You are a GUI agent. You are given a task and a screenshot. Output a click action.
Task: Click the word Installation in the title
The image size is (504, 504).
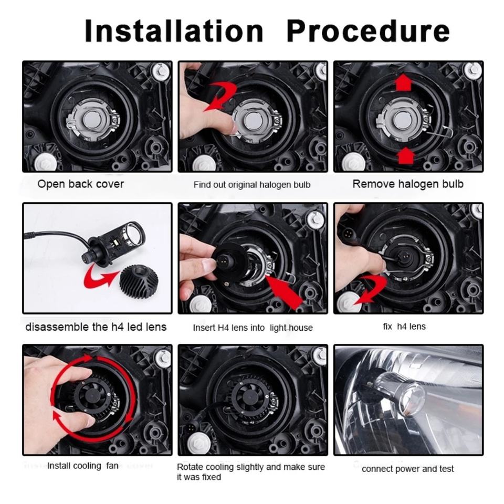click(174, 31)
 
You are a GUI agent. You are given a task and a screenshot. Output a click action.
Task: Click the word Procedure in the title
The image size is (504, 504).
click(368, 31)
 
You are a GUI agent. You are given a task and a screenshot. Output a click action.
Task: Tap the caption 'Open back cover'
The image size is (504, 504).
click(81, 184)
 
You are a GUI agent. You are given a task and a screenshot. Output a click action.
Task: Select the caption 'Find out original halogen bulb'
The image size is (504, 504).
click(252, 185)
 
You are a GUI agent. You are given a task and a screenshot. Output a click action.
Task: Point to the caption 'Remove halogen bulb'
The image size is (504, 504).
click(408, 184)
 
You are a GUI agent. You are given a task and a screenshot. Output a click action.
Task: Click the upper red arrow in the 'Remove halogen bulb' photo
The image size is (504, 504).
click(403, 82)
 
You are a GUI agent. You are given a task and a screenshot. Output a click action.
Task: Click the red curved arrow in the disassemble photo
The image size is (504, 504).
click(97, 279)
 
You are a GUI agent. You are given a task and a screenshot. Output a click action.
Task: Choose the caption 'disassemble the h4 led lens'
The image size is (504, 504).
click(96, 327)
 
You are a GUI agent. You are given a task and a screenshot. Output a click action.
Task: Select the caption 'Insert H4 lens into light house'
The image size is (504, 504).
click(253, 328)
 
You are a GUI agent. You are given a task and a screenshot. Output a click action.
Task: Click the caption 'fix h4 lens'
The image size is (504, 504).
click(404, 327)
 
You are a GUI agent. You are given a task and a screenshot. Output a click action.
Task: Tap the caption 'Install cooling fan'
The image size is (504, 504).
click(82, 466)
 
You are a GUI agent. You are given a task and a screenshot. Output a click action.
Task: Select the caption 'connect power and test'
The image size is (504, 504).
click(407, 469)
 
